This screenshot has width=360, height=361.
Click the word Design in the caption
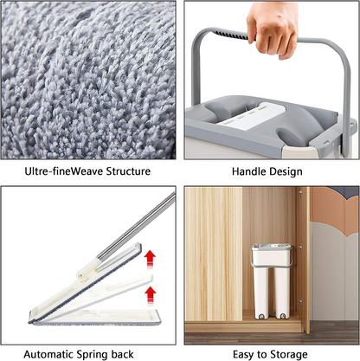click(x=286, y=171)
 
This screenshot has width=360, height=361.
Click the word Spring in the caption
click(x=103, y=354)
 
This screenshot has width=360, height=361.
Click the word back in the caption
click(x=136, y=354)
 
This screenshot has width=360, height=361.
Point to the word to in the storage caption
click(x=262, y=354)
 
